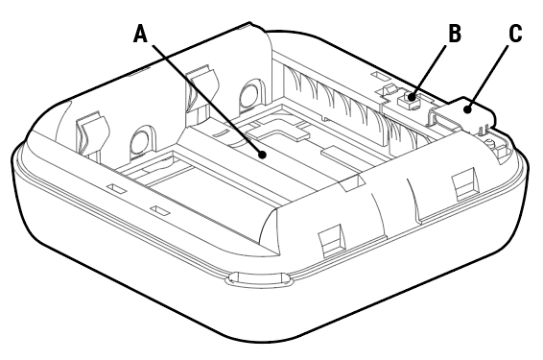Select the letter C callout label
click(515, 34)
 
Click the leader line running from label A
click(201, 95)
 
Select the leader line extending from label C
click(492, 74)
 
